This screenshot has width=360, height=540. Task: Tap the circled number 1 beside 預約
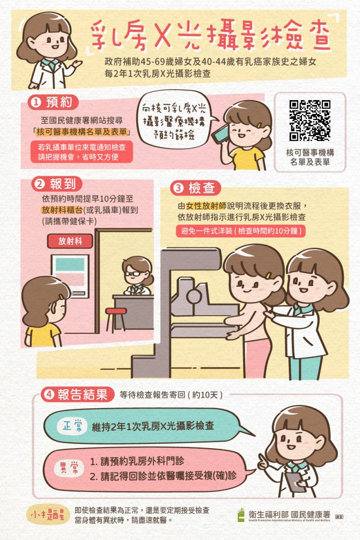[36, 103]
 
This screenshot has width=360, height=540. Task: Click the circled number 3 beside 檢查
[176, 188]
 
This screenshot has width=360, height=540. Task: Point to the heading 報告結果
[83, 395]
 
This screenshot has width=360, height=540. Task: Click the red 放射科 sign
[70, 241]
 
